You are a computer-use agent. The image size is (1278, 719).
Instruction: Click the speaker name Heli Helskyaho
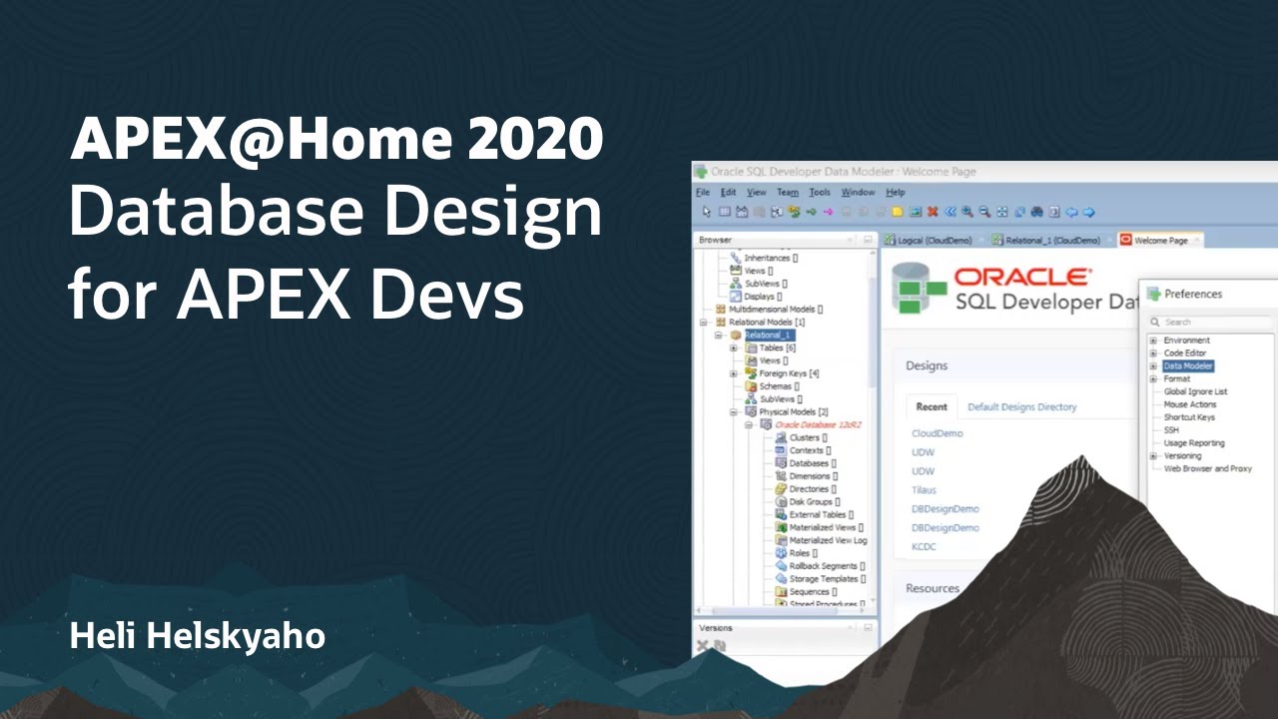pos(198,636)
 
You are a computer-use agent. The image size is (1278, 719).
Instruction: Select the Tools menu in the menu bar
pos(820,192)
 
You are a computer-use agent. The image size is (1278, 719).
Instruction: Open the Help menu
pos(896,192)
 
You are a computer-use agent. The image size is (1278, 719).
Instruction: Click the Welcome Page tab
pos(1160,241)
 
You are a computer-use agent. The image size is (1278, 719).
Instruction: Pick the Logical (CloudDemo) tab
pos(935,241)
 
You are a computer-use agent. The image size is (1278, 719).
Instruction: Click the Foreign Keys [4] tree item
pos(783,373)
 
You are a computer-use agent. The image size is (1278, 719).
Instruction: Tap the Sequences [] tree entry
pos(811,591)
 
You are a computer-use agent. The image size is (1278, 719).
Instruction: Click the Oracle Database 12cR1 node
pos(818,424)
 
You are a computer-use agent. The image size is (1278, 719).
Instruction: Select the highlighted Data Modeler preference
pos(1188,366)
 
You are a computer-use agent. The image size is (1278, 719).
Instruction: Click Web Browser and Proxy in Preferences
pos(1208,468)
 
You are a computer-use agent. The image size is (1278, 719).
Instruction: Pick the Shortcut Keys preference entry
pos(1189,417)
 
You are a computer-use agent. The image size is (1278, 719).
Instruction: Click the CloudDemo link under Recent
pos(938,433)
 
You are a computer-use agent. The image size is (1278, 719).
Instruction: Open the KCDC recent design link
pos(924,546)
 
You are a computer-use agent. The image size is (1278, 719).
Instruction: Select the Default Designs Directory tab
pos(1022,407)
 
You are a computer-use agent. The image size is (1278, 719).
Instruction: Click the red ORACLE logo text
pos(1023,278)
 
